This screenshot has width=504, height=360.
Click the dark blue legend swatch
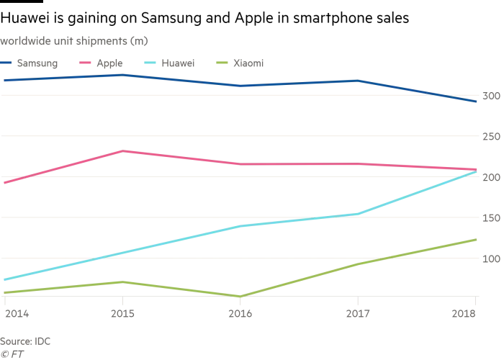[x=5, y=63]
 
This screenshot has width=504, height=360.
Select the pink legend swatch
[x=83, y=63]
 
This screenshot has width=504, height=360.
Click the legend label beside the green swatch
[x=248, y=63]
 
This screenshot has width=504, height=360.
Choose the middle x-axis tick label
[x=239, y=315]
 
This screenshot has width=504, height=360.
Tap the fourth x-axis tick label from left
[x=357, y=315]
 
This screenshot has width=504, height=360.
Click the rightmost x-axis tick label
[x=464, y=315]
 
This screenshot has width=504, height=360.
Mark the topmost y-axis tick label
[x=490, y=97]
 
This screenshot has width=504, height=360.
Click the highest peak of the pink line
[x=124, y=151]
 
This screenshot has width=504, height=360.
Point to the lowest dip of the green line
[x=239, y=296]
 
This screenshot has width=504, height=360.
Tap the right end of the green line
[x=477, y=239]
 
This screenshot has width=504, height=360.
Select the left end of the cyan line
[x=1, y=279]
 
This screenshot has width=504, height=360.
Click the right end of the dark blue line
[x=477, y=102]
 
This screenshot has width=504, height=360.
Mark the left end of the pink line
[x=1, y=183]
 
